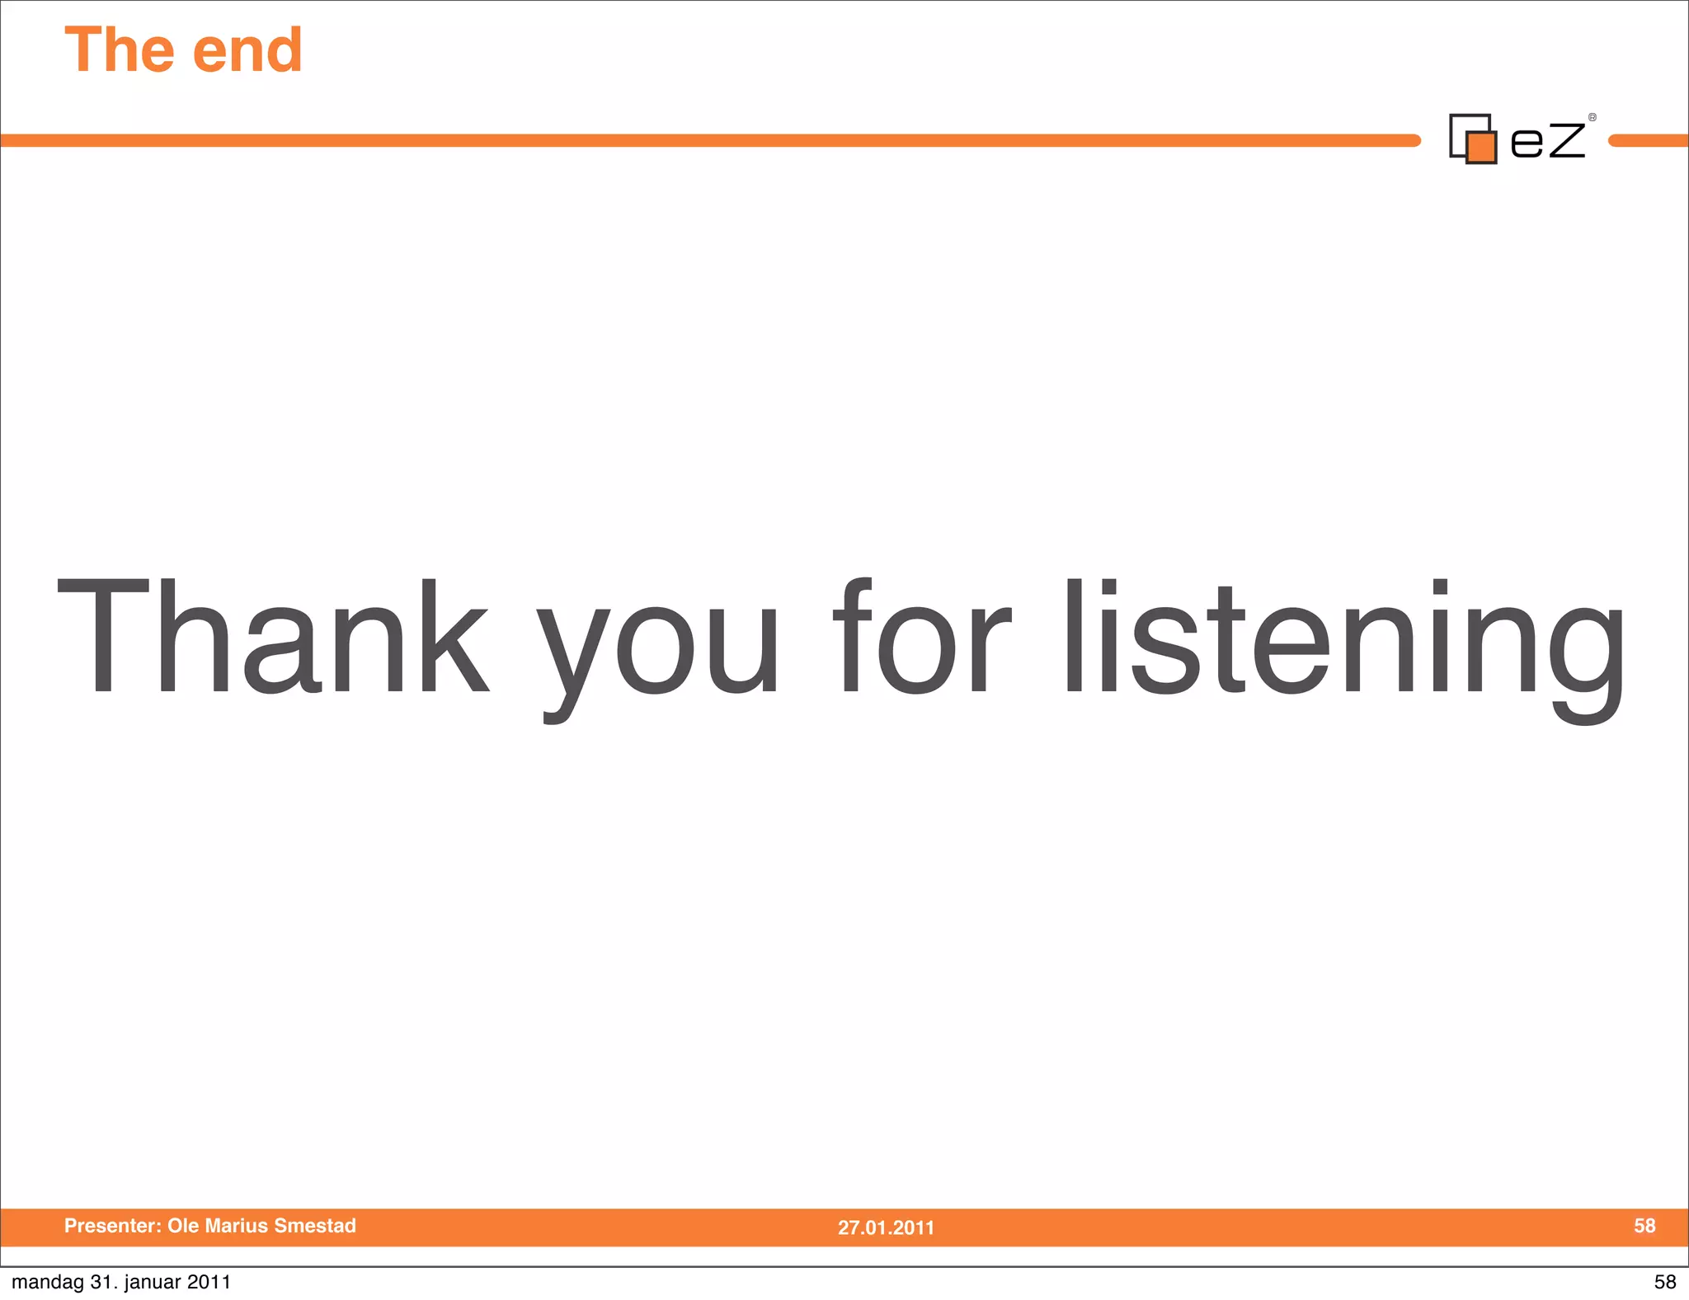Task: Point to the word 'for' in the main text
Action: coord(921,636)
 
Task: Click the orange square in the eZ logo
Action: coord(1482,148)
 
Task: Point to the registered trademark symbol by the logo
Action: coord(1593,118)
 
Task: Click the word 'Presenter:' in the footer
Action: coord(113,1226)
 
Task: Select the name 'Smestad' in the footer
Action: coord(315,1226)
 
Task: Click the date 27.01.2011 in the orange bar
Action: coord(886,1227)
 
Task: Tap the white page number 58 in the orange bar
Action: coord(1644,1226)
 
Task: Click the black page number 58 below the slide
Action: coord(1665,1282)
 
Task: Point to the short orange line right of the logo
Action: coord(1649,141)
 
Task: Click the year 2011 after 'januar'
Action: coord(209,1282)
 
